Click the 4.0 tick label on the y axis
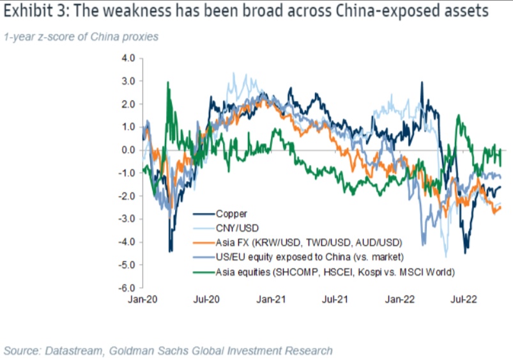click(x=128, y=58)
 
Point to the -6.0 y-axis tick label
click(x=126, y=288)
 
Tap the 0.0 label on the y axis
click(x=128, y=150)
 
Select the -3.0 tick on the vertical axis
click(x=126, y=219)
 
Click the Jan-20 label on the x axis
click(x=144, y=299)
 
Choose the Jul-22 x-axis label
click(x=463, y=299)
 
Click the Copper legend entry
click(x=231, y=214)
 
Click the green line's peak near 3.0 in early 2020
click(x=168, y=82)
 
